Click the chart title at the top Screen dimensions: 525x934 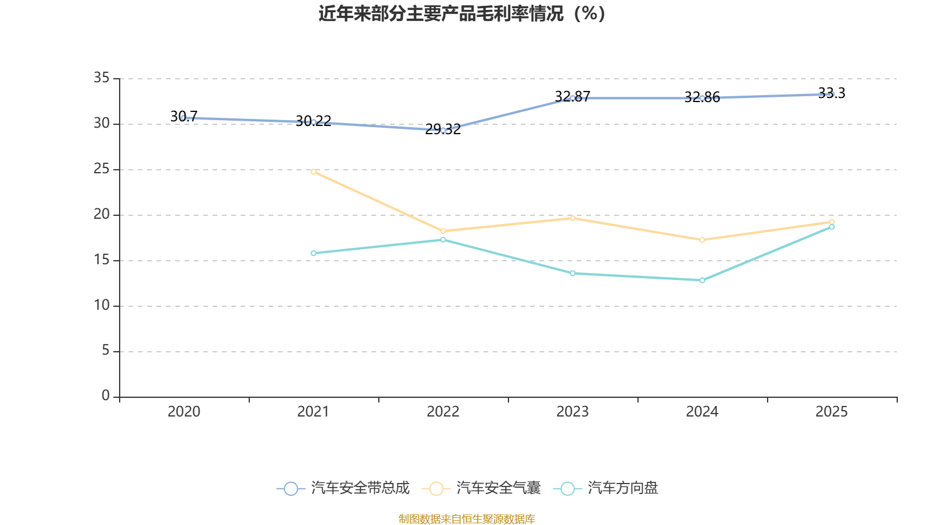(x=462, y=13)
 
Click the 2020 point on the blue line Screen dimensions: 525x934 (x=184, y=118)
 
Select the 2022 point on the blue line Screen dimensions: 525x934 (x=443, y=130)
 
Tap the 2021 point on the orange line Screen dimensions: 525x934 (x=313, y=171)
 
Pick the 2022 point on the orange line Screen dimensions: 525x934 (x=443, y=231)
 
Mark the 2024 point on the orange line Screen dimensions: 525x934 (x=702, y=240)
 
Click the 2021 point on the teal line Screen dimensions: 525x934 (x=313, y=253)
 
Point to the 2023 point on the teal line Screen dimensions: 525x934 (x=573, y=273)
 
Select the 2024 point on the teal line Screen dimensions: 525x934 (x=702, y=281)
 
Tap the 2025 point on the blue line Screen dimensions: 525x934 (x=832, y=94)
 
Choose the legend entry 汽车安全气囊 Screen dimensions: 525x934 (x=485, y=488)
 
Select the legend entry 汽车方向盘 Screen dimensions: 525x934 (x=609, y=488)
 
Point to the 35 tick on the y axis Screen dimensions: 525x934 (x=102, y=78)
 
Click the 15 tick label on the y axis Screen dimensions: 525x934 (x=102, y=260)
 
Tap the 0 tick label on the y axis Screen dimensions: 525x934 (x=106, y=396)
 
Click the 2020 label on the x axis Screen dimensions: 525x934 (x=184, y=412)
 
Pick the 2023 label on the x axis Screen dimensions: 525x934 (x=573, y=412)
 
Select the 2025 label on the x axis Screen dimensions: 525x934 (x=832, y=412)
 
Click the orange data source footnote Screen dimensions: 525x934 (x=466, y=519)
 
